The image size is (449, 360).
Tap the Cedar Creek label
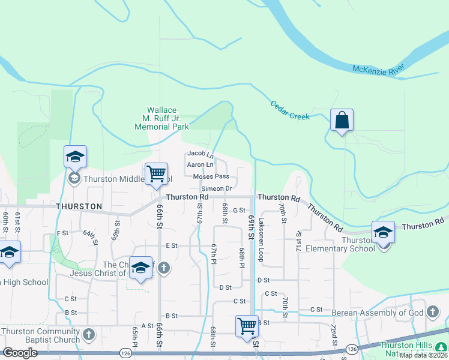click(290, 109)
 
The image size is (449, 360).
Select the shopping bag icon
click(342, 120)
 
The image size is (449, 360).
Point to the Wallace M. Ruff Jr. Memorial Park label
click(162, 118)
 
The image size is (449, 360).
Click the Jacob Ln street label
click(201, 154)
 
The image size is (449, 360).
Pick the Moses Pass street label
click(211, 176)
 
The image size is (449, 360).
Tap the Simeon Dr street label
click(217, 188)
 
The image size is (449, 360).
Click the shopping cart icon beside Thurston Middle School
click(157, 174)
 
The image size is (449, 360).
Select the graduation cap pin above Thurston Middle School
click(76, 157)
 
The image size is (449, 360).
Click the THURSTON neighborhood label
click(79, 206)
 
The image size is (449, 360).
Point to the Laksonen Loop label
click(261, 239)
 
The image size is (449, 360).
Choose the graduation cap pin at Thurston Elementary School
click(383, 232)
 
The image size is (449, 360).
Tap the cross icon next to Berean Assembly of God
click(432, 312)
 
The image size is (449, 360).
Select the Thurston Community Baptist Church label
click(41, 335)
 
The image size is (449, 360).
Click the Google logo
click(20, 353)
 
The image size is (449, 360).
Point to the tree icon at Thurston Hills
click(441, 346)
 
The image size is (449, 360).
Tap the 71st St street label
click(298, 241)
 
